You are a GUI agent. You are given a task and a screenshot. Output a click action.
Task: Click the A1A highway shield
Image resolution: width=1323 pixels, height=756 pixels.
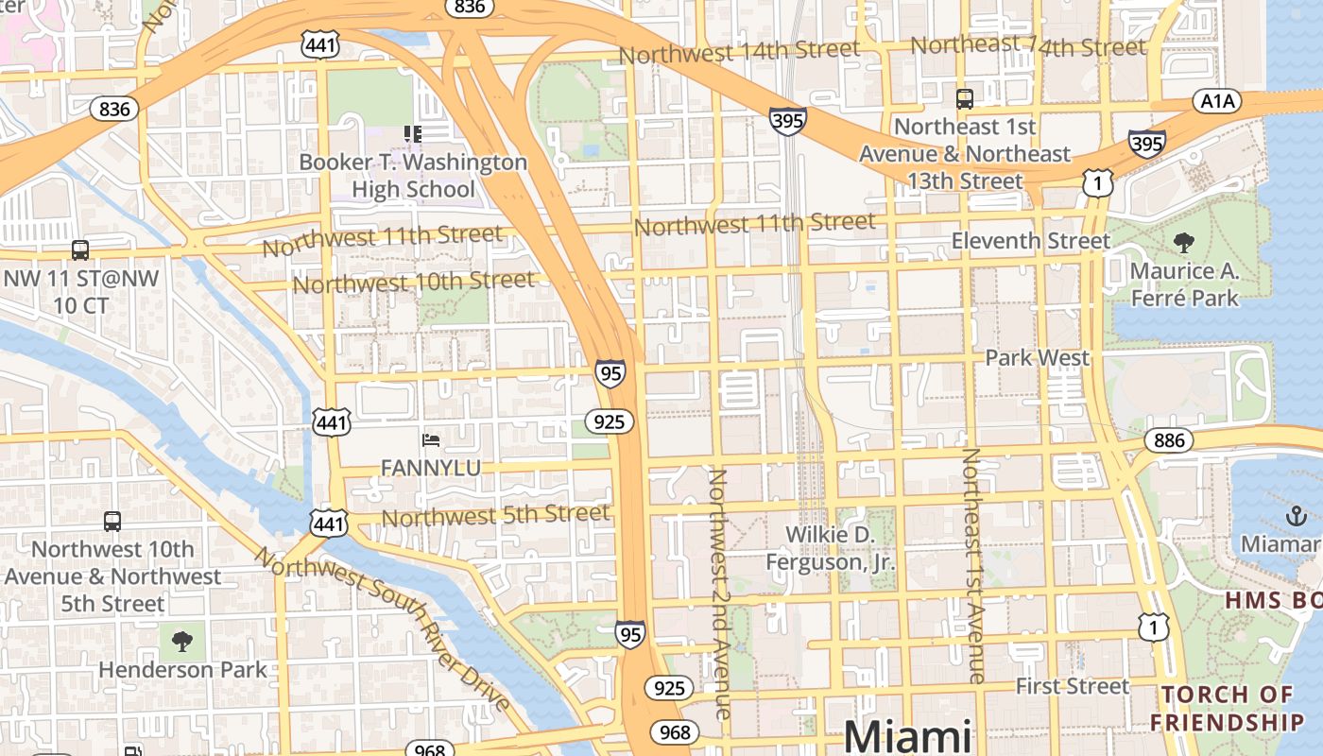tap(1217, 102)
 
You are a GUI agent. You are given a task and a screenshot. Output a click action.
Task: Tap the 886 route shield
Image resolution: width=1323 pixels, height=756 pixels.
tap(1169, 439)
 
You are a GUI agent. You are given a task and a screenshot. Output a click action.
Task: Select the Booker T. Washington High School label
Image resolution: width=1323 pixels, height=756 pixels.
tap(413, 176)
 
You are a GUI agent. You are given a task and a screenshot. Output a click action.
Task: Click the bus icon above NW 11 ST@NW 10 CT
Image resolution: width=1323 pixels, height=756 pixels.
tap(80, 250)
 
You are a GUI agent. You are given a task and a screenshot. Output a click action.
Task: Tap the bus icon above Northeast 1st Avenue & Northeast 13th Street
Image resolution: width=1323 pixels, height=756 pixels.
tap(965, 98)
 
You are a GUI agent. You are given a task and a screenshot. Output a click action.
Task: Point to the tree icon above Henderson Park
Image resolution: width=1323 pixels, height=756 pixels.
tap(181, 643)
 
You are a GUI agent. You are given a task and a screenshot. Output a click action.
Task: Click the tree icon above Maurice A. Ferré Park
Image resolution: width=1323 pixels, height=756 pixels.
tap(1183, 244)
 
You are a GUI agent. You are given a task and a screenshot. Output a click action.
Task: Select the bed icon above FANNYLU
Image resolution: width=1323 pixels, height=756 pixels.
tap(431, 440)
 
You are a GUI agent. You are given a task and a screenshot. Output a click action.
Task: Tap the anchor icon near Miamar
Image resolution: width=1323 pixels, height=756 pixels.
tap(1296, 516)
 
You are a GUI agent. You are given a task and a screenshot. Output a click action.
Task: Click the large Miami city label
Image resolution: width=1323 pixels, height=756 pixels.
tap(907, 735)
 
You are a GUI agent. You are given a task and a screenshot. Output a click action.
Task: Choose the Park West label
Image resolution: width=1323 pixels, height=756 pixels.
tap(1037, 358)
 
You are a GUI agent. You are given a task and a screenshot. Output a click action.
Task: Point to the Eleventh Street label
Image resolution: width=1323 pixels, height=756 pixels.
tap(1030, 241)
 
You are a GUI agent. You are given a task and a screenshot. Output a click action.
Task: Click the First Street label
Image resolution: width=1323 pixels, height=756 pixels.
tap(1073, 686)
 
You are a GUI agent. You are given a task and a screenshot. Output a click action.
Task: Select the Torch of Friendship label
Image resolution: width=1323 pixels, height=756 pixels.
tap(1232, 709)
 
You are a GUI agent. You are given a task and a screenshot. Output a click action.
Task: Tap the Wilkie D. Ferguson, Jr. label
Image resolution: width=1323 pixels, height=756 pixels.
tap(830, 549)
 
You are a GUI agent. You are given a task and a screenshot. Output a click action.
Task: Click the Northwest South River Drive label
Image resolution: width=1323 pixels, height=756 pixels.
tap(383, 628)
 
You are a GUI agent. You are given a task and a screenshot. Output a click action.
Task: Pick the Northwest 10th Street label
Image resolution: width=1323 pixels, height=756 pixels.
tap(414, 282)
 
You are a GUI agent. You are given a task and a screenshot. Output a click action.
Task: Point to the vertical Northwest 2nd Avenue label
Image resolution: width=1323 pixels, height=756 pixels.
tap(719, 593)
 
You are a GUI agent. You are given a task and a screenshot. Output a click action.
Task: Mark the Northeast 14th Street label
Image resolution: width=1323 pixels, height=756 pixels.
tap(1028, 45)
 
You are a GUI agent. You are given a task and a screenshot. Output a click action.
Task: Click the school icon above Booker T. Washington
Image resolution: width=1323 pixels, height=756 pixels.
tap(413, 134)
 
